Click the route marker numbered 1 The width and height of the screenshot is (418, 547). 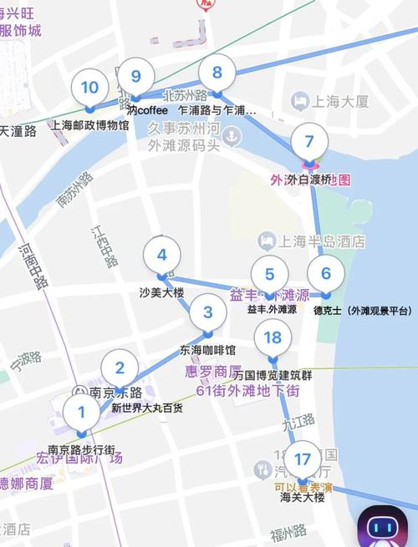(81, 412)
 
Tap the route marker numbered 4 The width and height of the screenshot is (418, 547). (162, 256)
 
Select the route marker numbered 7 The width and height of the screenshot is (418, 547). (309, 141)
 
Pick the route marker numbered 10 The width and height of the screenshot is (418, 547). (89, 88)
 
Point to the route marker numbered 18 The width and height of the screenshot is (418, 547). (273, 337)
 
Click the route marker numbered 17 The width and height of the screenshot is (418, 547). (302, 458)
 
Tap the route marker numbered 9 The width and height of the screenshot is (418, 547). (135, 74)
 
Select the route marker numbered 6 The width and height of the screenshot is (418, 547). (325, 273)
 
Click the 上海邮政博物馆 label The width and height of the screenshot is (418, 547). (90, 125)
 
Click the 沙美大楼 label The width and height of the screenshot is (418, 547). (161, 293)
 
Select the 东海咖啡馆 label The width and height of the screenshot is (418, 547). (207, 350)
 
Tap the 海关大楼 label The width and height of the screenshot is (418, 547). (302, 497)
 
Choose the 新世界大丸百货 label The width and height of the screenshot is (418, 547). (147, 408)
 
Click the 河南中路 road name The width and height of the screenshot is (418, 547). (36, 266)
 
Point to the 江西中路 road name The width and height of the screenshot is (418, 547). (107, 246)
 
